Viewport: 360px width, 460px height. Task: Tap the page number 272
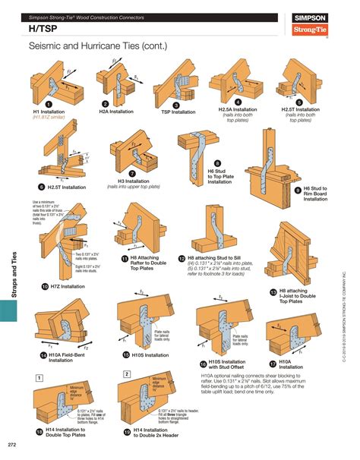[12, 444]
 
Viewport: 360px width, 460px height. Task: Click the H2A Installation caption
[115, 112]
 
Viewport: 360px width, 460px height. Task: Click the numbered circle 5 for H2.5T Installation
[298, 101]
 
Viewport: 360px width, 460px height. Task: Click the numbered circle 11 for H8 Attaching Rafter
[124, 258]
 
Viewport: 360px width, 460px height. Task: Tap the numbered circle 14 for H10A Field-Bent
[43, 354]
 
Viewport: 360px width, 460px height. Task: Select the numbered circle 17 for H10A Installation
[273, 364]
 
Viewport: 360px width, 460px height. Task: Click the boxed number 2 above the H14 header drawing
[127, 374]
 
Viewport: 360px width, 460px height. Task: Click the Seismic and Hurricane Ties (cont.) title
[98, 47]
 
